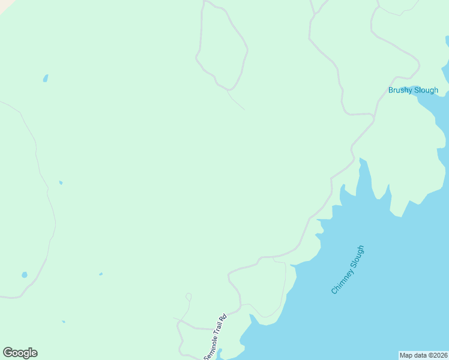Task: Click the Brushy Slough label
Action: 413,91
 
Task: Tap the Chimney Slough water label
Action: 348,269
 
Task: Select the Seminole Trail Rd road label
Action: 214,337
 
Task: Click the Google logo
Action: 20,353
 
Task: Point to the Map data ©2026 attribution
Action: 424,355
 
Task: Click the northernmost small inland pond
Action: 46,79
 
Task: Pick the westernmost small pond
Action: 25,275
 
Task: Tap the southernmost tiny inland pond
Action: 63,322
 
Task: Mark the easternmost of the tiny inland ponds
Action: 100,274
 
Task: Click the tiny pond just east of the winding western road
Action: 61,182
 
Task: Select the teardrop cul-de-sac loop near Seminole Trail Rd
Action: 188,296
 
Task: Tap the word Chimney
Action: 342,281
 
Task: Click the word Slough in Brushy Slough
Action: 426,91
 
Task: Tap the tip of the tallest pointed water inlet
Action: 361,159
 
